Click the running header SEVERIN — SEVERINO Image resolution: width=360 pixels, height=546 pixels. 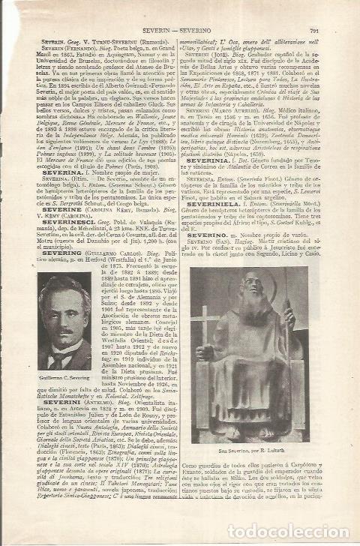(179, 31)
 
